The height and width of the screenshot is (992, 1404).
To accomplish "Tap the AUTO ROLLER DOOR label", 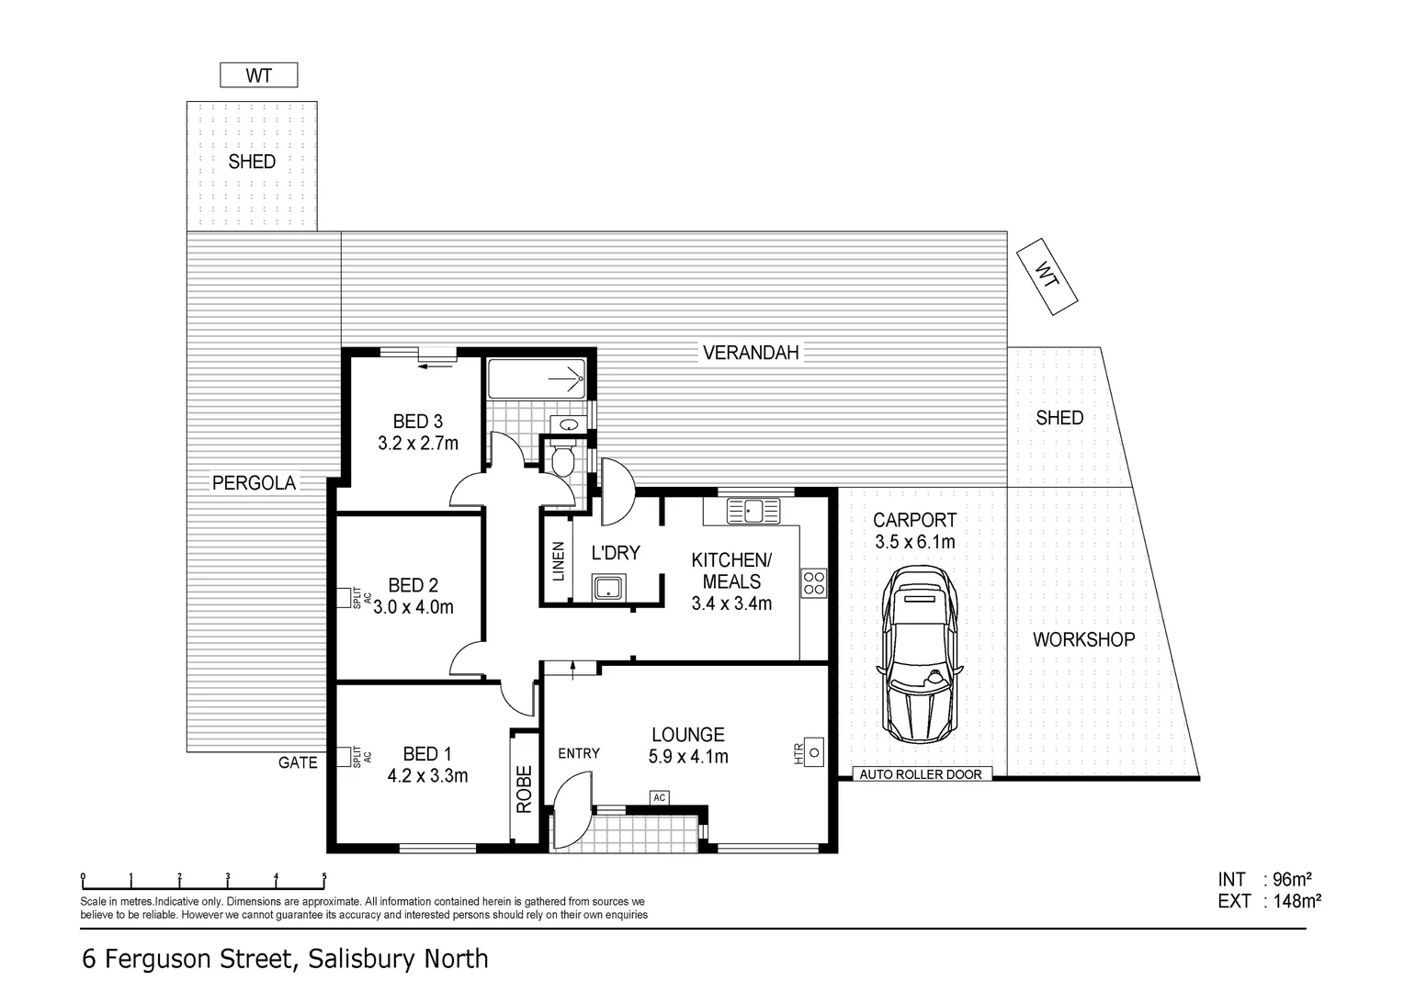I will pos(920,774).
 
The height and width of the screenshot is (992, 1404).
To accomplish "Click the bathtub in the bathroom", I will pos(536,378).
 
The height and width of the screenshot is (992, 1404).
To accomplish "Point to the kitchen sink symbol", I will pos(753,510).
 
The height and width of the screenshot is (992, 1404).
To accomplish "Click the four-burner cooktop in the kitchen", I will pos(814,583).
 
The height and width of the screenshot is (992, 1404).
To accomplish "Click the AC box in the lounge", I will pos(659,797).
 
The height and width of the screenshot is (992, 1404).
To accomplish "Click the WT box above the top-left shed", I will pos(258,75).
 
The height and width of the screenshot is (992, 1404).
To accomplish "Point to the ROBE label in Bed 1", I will pos(525,788).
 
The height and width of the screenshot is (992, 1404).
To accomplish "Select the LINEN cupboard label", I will pos(558,561).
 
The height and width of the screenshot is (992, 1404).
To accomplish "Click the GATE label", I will pos(298,762).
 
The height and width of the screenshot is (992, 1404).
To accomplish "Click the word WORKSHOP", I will pos(1083,639).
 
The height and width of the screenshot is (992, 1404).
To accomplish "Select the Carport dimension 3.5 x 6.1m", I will pos(914,542).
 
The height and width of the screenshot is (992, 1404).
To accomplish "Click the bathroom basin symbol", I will pos(569,424).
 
